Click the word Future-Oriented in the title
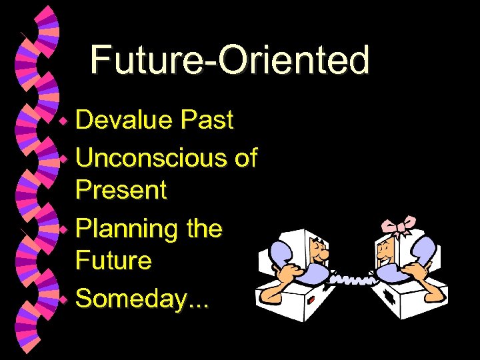[229, 59]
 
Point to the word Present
[121, 190]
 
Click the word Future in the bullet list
[113, 260]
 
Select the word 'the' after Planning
[204, 229]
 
